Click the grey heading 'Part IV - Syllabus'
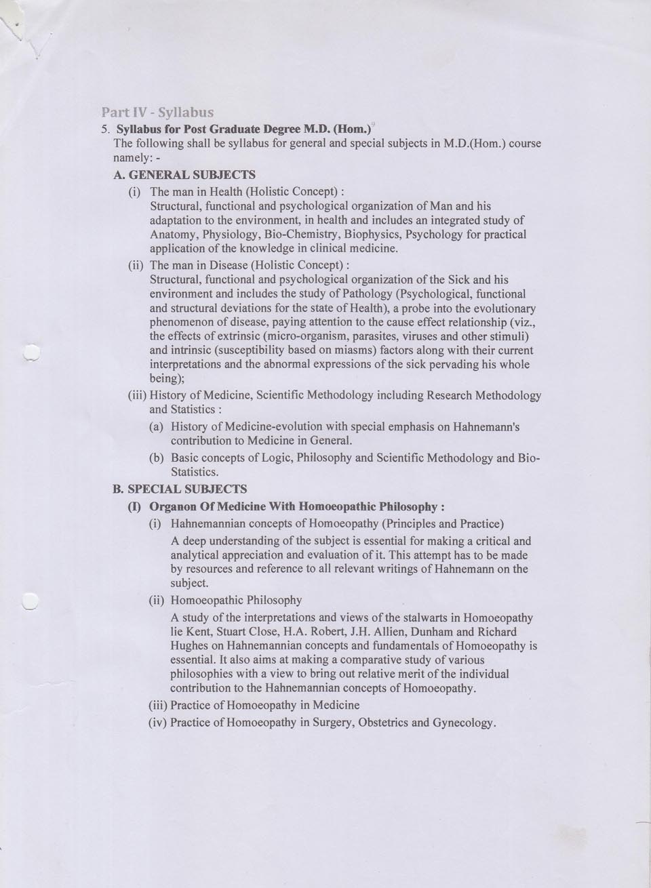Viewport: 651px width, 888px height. click(x=157, y=112)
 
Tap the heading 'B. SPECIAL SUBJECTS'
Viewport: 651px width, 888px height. click(x=179, y=489)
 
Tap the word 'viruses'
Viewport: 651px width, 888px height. click(x=406, y=336)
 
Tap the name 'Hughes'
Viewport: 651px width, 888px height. click(x=189, y=646)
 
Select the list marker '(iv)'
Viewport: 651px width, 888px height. click(x=158, y=723)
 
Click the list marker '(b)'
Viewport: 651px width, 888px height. click(x=157, y=458)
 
